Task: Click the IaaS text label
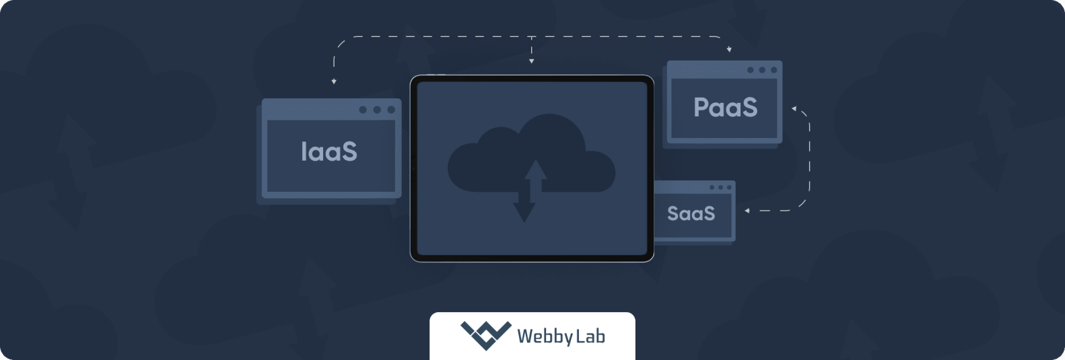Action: pyautogui.click(x=329, y=152)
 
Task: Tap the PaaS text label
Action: pyautogui.click(x=725, y=108)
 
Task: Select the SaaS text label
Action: pyautogui.click(x=691, y=213)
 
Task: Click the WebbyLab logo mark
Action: pyautogui.click(x=485, y=335)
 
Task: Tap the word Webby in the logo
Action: pyautogui.click(x=545, y=336)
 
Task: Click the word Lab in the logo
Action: pyautogui.click(x=590, y=335)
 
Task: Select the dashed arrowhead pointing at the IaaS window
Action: pyautogui.click(x=334, y=81)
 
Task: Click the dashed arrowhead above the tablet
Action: pyautogui.click(x=531, y=61)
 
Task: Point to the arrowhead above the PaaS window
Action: pyautogui.click(x=729, y=50)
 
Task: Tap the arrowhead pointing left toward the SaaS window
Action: pyautogui.click(x=747, y=211)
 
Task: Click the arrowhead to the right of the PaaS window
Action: pyautogui.click(x=794, y=108)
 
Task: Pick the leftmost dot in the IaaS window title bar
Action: pyautogui.click(x=363, y=110)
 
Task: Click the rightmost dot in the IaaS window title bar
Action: pyautogui.click(x=391, y=110)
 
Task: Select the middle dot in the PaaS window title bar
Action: pyautogui.click(x=762, y=70)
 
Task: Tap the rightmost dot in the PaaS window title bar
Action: pyautogui.click(x=774, y=70)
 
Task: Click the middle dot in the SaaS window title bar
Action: pyautogui.click(x=720, y=188)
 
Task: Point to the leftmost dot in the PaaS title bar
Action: pyautogui.click(x=751, y=70)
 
